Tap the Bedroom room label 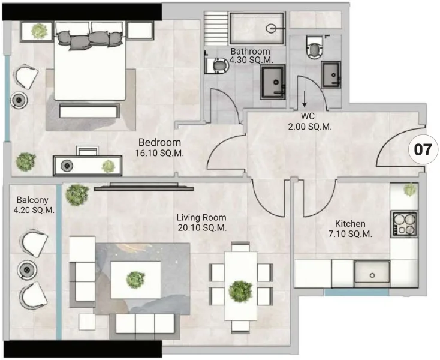point(159,143)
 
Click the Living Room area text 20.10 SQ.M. point(201,228)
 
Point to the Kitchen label point(351,224)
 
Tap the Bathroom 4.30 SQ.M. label point(250,56)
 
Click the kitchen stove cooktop point(404,223)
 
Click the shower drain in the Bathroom point(272,27)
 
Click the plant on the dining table point(240,290)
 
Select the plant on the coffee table point(136,278)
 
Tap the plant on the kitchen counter point(409,190)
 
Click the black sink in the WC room point(331,74)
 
